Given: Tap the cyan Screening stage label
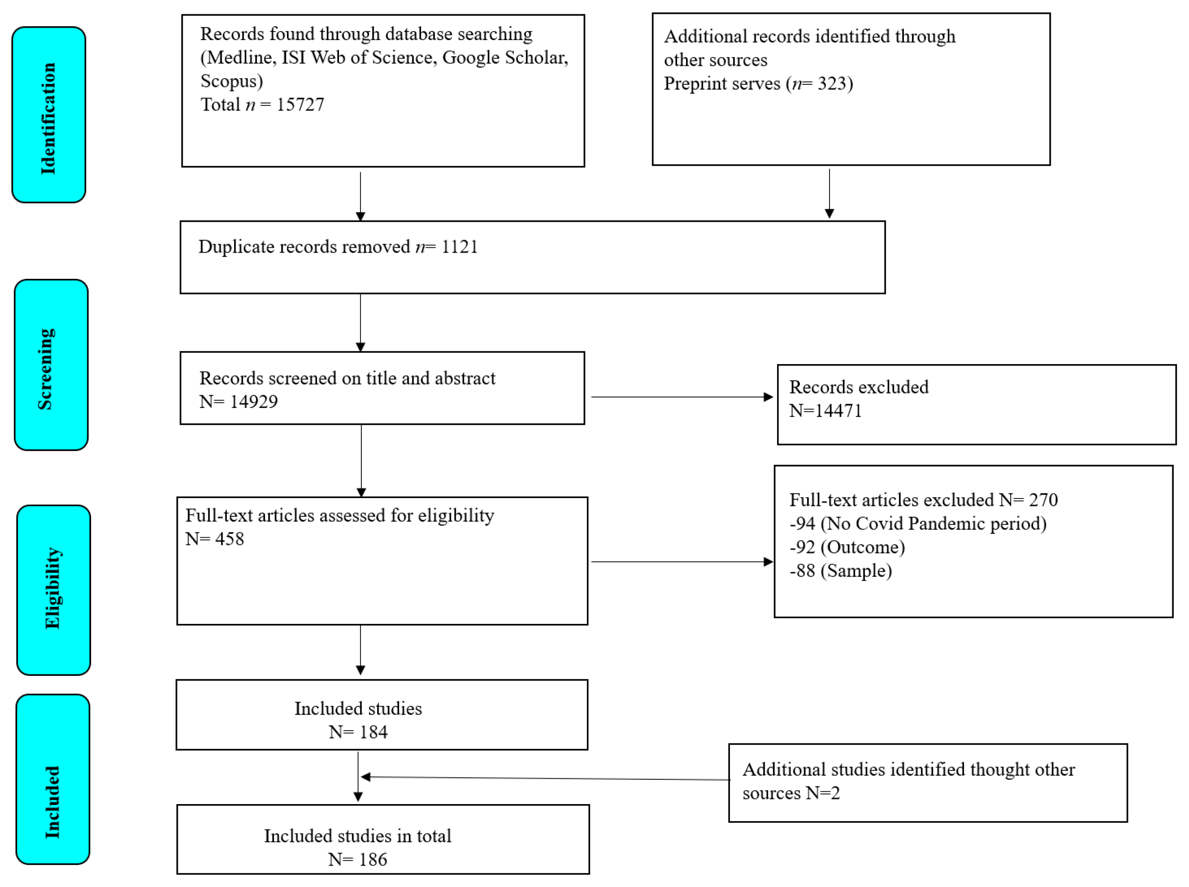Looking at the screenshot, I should click(51, 365).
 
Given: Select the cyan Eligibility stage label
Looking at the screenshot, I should click(53, 590).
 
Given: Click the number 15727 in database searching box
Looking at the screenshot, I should click(300, 104).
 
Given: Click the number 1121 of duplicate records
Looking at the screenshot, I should click(459, 246).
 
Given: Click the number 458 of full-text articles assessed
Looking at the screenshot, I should click(229, 539).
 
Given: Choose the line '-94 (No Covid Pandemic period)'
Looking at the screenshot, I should click(917, 523).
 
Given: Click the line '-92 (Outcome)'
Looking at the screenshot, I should click(847, 547).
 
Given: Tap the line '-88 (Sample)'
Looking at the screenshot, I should click(840, 570).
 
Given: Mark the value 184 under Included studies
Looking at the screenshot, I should click(373, 732).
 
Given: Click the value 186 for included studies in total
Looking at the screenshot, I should click(373, 859).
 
